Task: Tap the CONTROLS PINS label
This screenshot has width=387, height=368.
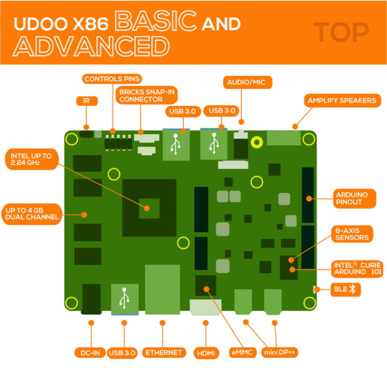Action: (x=112, y=79)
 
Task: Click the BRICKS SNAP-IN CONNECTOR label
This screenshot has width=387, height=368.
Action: (x=140, y=95)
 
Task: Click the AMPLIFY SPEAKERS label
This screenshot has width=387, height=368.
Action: (x=342, y=100)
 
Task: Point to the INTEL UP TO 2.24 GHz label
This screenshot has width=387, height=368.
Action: (x=32, y=160)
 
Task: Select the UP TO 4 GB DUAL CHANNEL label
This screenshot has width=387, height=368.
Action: (x=33, y=213)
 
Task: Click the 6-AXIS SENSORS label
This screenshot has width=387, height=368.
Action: (x=353, y=234)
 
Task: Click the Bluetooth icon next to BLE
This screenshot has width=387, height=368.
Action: (x=356, y=289)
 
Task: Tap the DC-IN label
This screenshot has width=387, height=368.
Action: (x=90, y=352)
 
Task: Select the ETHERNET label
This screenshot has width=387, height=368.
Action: (x=163, y=352)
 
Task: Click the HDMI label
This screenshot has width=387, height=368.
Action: (x=206, y=352)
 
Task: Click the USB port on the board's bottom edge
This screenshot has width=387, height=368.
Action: (x=125, y=299)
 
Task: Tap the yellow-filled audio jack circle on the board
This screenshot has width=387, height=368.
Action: (x=257, y=143)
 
